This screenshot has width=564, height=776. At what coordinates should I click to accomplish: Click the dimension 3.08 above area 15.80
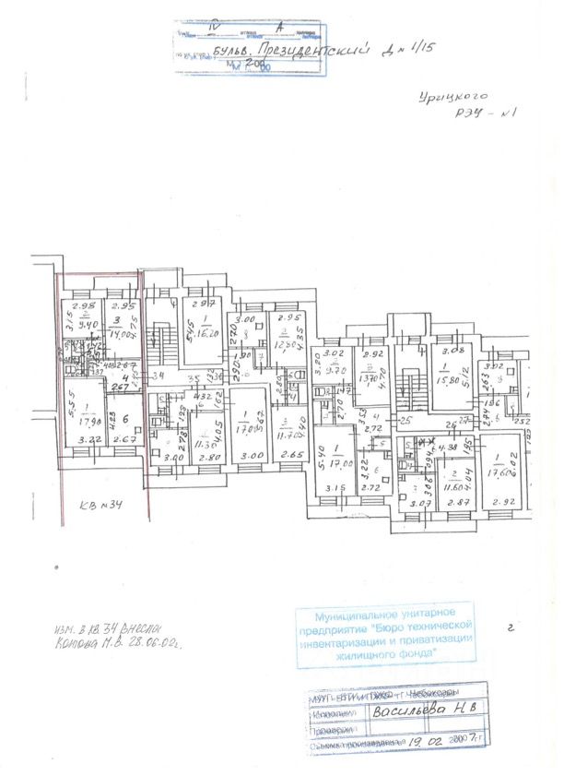(x=452, y=351)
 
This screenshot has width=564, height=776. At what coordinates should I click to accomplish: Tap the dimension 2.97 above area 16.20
(x=203, y=305)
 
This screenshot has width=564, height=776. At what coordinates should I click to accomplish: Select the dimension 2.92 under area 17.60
(x=504, y=503)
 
